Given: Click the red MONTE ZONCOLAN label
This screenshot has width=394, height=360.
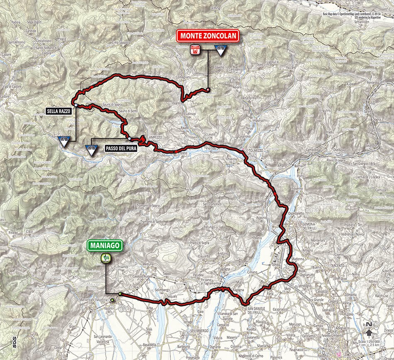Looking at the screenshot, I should pyautogui.click(x=208, y=36).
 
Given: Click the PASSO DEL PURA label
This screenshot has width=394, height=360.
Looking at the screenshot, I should pyautogui.click(x=121, y=147).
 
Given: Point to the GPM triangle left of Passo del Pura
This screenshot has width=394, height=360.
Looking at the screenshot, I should pyautogui.click(x=91, y=150).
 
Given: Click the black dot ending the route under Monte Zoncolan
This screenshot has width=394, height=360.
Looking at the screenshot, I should pyautogui.click(x=207, y=90).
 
